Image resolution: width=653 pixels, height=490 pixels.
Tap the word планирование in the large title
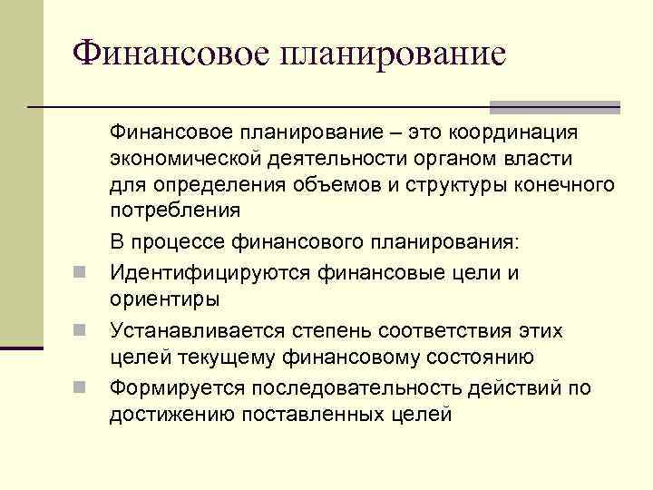click(394, 53)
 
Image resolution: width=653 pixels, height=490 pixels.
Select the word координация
click(513, 133)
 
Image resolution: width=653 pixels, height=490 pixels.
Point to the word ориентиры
click(164, 297)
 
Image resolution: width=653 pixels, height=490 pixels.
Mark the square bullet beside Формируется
click(81, 388)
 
